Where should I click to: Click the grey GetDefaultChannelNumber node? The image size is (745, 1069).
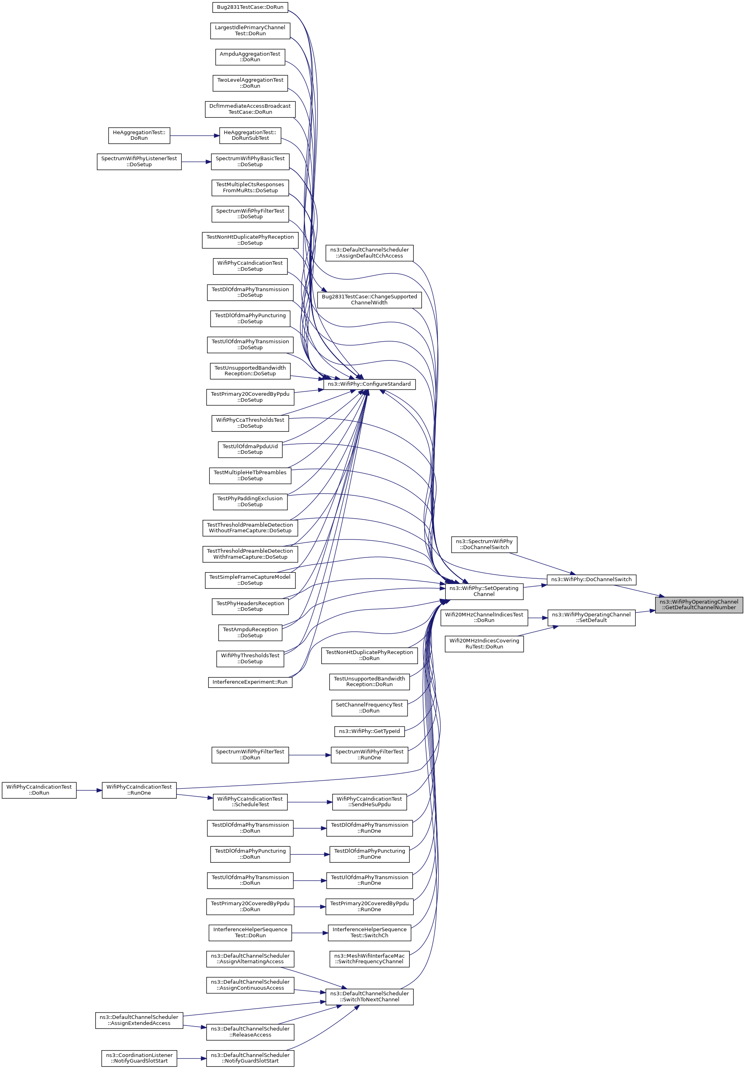pyautogui.click(x=699, y=604)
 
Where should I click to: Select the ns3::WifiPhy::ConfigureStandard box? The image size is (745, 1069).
pyautogui.click(x=369, y=384)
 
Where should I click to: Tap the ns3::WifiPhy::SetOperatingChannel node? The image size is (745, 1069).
pyautogui.click(x=484, y=591)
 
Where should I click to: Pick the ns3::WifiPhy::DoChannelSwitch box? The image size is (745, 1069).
pyautogui.click(x=591, y=580)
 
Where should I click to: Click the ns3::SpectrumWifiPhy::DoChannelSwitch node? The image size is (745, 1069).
pyautogui.click(x=484, y=544)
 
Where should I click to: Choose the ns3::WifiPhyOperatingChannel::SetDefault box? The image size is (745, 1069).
pyautogui.click(x=591, y=617)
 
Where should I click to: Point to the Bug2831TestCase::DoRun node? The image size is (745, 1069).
pyautogui.click(x=250, y=8)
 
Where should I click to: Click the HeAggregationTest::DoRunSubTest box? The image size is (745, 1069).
pyautogui.click(x=250, y=135)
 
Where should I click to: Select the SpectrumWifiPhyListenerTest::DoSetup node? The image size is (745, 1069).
pyautogui.click(x=139, y=161)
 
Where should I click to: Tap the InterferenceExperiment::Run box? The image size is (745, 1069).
pyautogui.click(x=250, y=682)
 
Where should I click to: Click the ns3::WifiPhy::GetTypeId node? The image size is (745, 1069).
pyautogui.click(x=369, y=731)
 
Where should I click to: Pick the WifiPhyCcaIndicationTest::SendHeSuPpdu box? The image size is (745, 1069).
pyautogui.click(x=369, y=802)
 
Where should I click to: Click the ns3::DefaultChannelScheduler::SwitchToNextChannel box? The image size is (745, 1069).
pyautogui.click(x=369, y=997)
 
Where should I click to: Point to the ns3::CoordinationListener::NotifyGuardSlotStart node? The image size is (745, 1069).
pyautogui.click(x=139, y=1058)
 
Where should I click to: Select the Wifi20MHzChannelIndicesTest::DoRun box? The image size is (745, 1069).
pyautogui.click(x=484, y=617)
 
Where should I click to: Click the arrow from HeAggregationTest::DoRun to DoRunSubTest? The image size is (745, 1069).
pyautogui.click(x=195, y=136)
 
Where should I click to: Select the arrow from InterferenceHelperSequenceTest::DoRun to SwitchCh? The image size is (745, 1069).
pyautogui.click(x=310, y=932)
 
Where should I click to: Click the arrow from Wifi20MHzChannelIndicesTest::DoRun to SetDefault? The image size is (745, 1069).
pyautogui.click(x=538, y=618)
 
